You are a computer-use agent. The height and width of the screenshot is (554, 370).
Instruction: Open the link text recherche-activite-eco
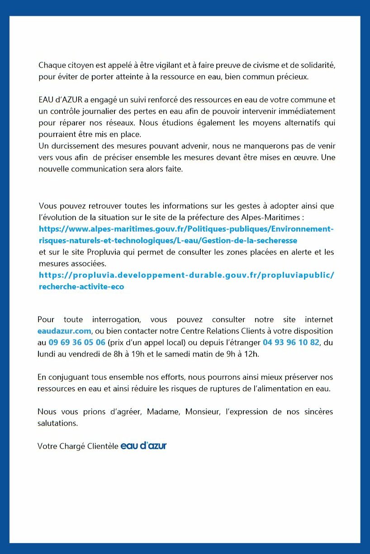coord(81,286)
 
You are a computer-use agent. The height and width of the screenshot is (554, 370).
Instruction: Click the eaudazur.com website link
coord(64,331)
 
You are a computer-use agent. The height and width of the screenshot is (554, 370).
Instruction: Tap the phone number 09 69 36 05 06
coord(77,343)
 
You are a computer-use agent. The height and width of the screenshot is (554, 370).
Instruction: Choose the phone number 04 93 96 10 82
coord(291,343)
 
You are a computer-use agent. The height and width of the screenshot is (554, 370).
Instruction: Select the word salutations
coord(57,423)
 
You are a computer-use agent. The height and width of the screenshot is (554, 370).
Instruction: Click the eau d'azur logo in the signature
coord(143,446)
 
